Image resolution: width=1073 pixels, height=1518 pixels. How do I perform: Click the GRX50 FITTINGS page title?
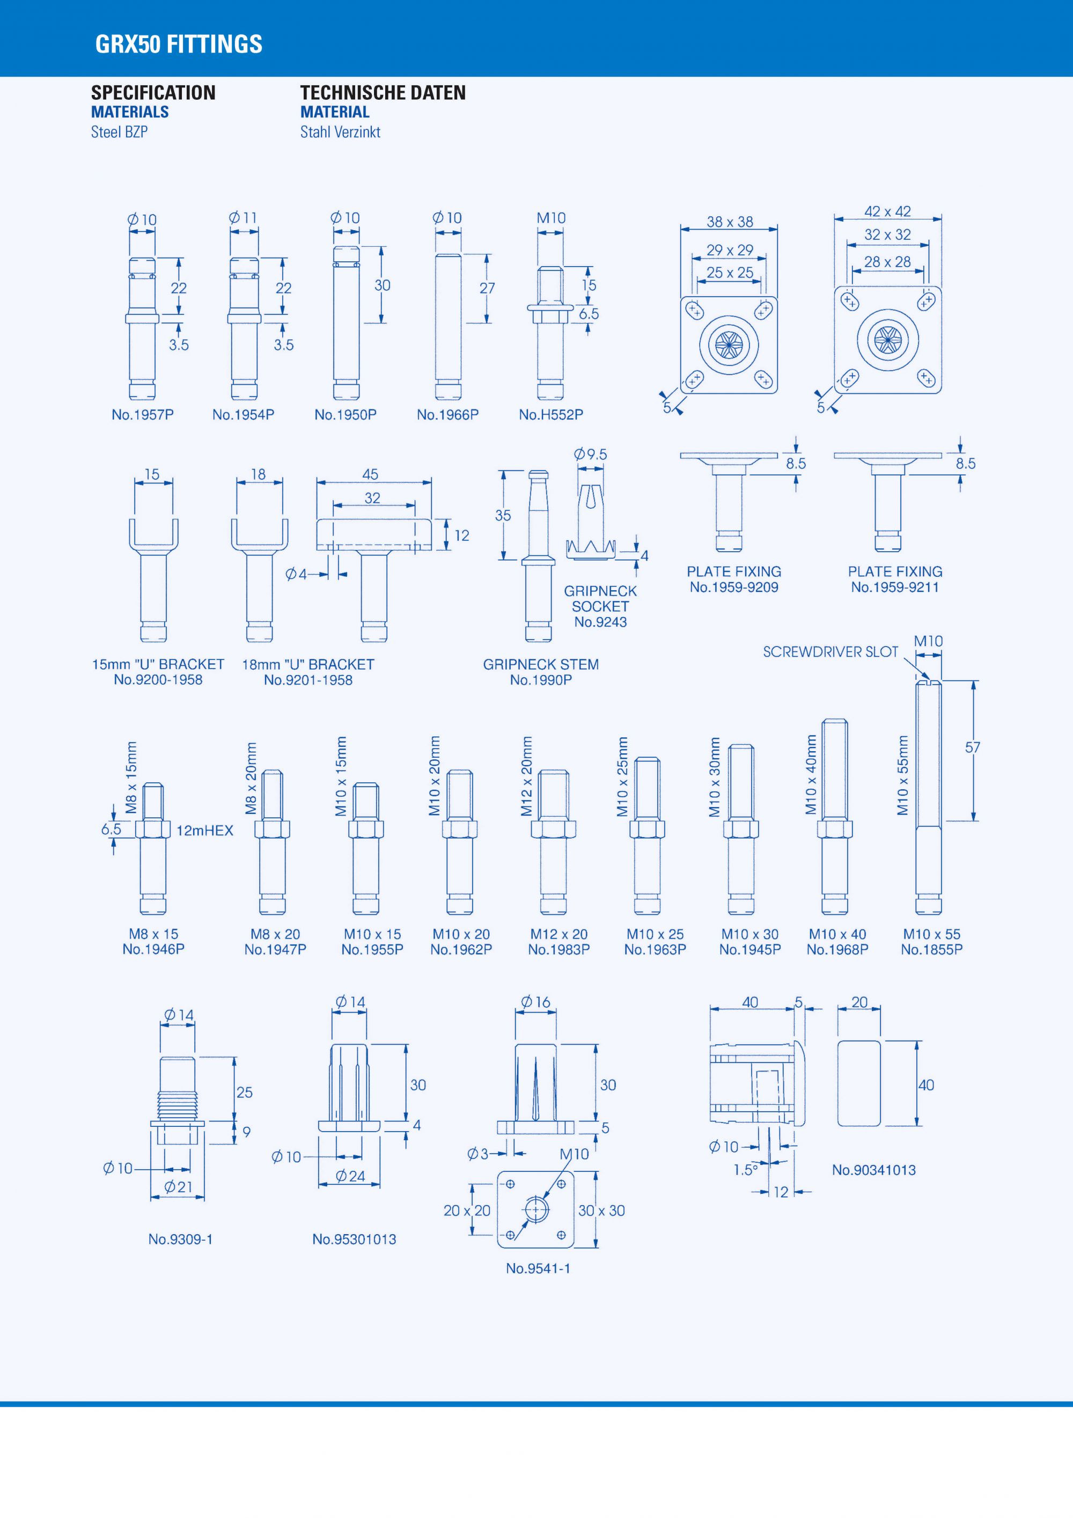tap(179, 45)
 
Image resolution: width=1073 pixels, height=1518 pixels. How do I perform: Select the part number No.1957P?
tap(142, 415)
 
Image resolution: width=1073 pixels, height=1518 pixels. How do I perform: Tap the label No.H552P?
tap(550, 415)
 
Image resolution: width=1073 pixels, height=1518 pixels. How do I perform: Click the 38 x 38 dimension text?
tap(729, 222)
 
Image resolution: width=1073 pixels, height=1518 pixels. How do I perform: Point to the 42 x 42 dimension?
tap(887, 211)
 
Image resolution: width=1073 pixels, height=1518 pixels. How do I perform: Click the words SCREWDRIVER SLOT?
tap(831, 652)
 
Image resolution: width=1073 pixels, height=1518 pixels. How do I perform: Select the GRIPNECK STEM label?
tap(541, 664)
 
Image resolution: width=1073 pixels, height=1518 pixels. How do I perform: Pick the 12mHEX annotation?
tap(204, 831)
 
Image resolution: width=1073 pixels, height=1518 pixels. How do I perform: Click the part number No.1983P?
tap(558, 949)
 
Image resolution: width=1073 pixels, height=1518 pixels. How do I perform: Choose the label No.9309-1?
tap(180, 1239)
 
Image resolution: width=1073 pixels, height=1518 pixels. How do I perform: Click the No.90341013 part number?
tap(873, 1170)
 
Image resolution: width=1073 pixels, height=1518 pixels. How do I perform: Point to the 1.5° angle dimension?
tap(746, 1170)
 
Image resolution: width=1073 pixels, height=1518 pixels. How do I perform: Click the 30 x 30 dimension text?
tap(601, 1211)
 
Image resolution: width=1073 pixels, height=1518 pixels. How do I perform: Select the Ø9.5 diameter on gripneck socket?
tap(590, 454)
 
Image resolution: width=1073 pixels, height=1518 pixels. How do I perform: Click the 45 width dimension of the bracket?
tap(370, 474)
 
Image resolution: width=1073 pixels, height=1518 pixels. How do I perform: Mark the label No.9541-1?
tap(538, 1268)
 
